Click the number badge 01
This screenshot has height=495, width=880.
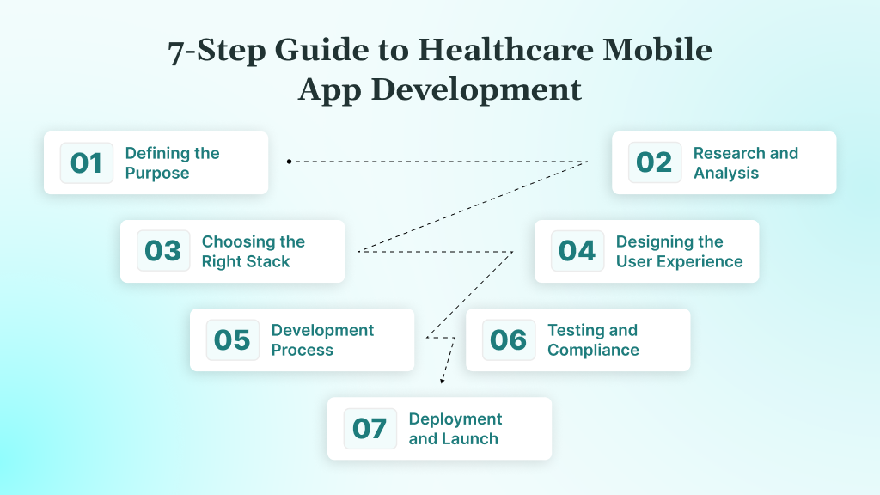coord(86,163)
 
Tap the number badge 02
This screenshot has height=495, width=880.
coord(654,163)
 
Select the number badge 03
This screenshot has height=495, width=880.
coord(162,252)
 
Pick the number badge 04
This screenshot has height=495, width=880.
coord(577,252)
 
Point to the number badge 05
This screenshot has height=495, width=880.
coord(232,340)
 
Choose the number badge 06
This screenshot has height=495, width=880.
coord(508,340)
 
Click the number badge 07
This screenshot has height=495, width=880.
coord(370,429)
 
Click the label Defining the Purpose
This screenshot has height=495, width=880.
coord(172,163)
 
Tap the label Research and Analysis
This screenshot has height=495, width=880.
coord(745,163)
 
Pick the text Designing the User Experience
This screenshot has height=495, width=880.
coord(679,252)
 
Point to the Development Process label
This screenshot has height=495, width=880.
coord(322,340)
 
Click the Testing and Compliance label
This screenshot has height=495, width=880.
coord(593,340)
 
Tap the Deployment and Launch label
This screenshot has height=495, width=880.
coord(455,429)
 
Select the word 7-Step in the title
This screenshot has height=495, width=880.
coord(217,51)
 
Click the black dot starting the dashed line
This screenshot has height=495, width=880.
coord(289,161)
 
